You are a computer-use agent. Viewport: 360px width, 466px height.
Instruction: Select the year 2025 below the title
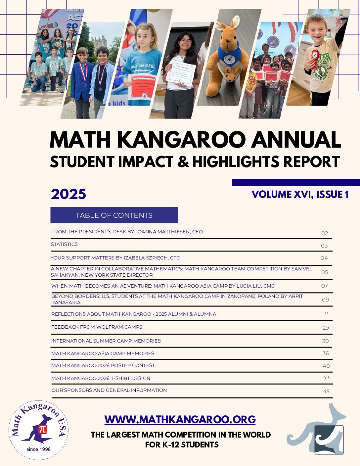coord(68,194)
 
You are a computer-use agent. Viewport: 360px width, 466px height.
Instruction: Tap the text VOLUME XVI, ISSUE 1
coord(300,194)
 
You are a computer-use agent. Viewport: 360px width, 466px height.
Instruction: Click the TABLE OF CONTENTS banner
coord(114,215)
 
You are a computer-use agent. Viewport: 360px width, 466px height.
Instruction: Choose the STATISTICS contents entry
coord(64,244)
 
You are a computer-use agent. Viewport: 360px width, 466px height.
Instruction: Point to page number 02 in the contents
coord(324,233)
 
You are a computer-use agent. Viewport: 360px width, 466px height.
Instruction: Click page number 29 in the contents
coord(326,328)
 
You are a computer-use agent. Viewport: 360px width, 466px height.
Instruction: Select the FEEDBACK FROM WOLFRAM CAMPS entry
coord(97,327)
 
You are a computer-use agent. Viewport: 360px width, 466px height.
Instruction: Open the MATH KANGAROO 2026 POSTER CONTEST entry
coord(103,365)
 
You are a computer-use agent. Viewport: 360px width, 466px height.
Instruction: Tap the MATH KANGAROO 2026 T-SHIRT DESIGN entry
coord(101,378)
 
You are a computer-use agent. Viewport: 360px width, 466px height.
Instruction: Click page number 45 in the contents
coord(326,391)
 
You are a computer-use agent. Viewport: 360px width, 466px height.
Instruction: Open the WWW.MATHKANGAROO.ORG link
coord(180,419)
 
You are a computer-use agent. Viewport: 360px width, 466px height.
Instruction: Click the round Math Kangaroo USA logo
coord(38,430)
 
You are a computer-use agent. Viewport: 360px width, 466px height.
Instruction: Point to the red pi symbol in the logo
coord(43,429)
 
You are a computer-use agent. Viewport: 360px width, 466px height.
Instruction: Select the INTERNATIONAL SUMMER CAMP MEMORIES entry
coord(106,341)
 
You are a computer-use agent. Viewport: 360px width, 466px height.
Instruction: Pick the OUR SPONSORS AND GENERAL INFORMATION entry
coord(109,390)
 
